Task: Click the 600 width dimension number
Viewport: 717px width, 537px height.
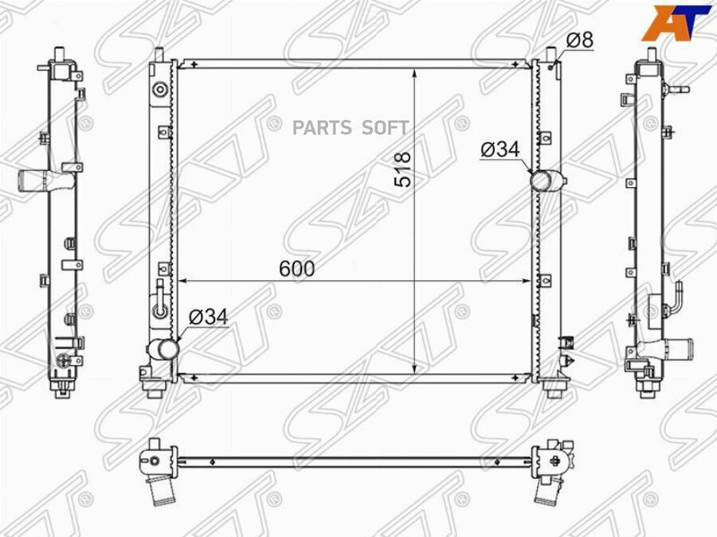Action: [x=297, y=269]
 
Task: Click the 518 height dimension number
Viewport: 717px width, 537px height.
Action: [x=403, y=169]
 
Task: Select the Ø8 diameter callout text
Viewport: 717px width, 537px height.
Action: [x=580, y=41]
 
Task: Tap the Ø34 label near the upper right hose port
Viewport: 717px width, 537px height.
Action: [x=500, y=150]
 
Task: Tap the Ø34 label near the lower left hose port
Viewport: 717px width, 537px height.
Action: [x=208, y=317]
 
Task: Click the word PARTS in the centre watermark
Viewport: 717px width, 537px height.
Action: [x=322, y=128]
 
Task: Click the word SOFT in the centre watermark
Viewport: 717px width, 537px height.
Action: [x=385, y=128]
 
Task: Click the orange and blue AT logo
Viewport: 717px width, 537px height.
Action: [x=676, y=23]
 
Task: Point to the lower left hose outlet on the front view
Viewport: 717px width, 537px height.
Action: [x=163, y=350]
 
